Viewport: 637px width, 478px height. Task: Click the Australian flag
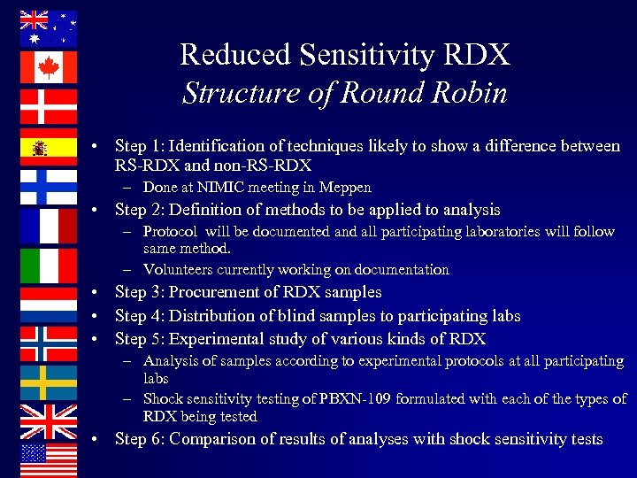click(49, 27)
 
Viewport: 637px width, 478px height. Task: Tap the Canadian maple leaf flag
click(49, 67)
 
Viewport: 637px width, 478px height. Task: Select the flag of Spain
click(49, 147)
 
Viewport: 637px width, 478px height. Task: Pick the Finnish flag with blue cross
click(49, 187)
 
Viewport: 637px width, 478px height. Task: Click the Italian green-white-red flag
click(49, 266)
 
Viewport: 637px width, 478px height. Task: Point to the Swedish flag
click(49, 382)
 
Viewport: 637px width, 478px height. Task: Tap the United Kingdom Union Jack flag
click(49, 422)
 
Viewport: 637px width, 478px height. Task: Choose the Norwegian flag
click(49, 343)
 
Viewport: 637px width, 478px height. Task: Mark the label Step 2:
click(141, 211)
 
